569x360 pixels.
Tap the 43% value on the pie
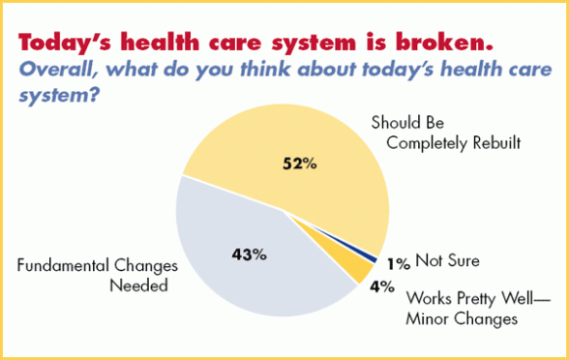(250, 255)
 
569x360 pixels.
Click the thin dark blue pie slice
(370, 255)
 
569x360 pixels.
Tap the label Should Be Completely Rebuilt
(446, 134)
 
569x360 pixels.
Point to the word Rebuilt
(498, 143)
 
